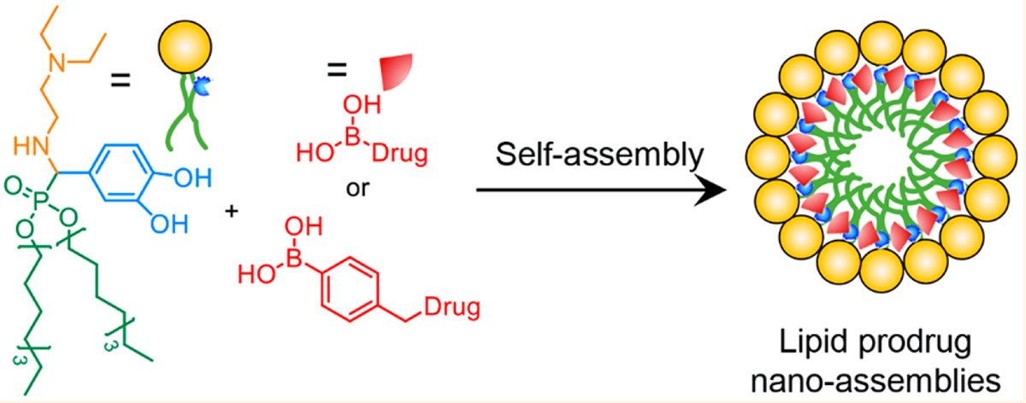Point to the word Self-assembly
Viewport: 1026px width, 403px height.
(x=594, y=155)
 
